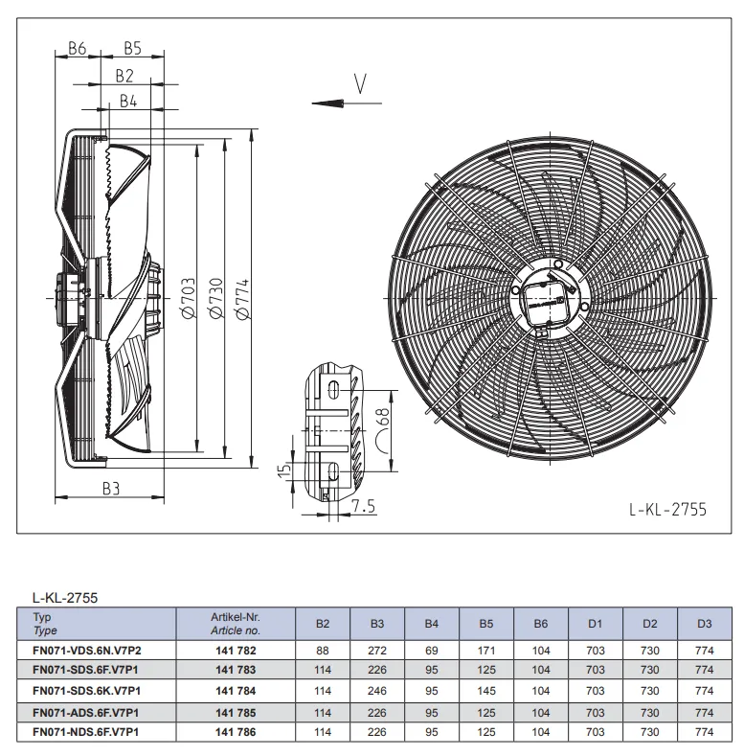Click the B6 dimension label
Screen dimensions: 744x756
(78, 48)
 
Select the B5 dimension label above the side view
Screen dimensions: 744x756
(132, 48)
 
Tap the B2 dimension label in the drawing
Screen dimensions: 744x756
(124, 76)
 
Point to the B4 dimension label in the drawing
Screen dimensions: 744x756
(128, 101)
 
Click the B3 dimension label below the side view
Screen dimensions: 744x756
(111, 489)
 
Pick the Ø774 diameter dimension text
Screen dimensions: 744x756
(242, 299)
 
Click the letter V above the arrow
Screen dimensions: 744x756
(360, 83)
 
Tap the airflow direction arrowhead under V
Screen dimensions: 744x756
(327, 103)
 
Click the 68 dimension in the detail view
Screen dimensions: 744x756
(383, 418)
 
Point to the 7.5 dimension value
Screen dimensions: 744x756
(363, 506)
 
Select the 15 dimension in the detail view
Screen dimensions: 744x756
(284, 469)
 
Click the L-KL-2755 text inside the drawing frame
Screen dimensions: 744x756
(667, 509)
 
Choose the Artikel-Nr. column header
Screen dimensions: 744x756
(236, 617)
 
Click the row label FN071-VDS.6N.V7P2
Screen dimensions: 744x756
(87, 651)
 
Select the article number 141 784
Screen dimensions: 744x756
(236, 691)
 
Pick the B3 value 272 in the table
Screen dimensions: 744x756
(377, 651)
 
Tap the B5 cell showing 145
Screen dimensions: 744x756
(486, 691)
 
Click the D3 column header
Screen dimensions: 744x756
(704, 624)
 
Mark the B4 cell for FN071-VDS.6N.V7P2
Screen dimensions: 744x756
(431, 651)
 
